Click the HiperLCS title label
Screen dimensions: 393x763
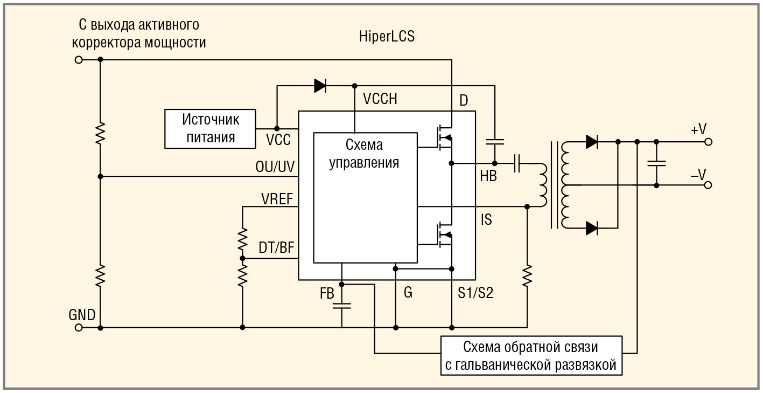click(x=387, y=37)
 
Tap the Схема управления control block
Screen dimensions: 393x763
click(x=365, y=154)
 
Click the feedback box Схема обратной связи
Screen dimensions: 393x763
click(x=530, y=356)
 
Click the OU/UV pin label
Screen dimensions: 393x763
click(x=275, y=167)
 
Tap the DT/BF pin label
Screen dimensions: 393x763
click(x=276, y=249)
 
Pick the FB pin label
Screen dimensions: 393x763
click(x=327, y=294)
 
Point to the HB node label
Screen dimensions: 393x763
click(x=488, y=176)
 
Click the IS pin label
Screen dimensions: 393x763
click(x=486, y=220)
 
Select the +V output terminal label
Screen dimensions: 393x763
click(x=698, y=129)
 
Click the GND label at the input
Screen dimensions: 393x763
click(x=82, y=315)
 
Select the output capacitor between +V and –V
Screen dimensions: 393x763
click(x=656, y=163)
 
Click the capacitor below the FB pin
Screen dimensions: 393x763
click(x=341, y=306)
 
